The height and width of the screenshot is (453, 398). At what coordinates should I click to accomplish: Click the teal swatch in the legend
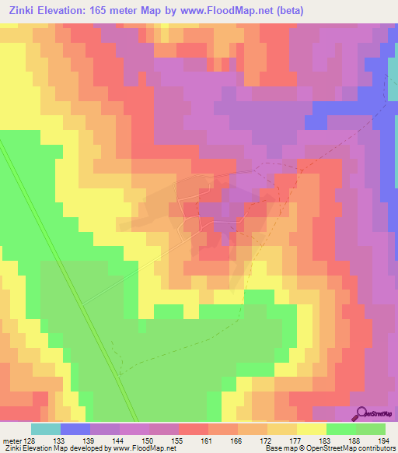point(45,429)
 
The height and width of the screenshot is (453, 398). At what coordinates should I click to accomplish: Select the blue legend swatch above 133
point(75,429)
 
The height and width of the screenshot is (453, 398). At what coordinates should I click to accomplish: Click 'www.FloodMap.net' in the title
point(236,11)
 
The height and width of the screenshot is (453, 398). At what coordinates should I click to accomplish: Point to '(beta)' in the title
point(288,11)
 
